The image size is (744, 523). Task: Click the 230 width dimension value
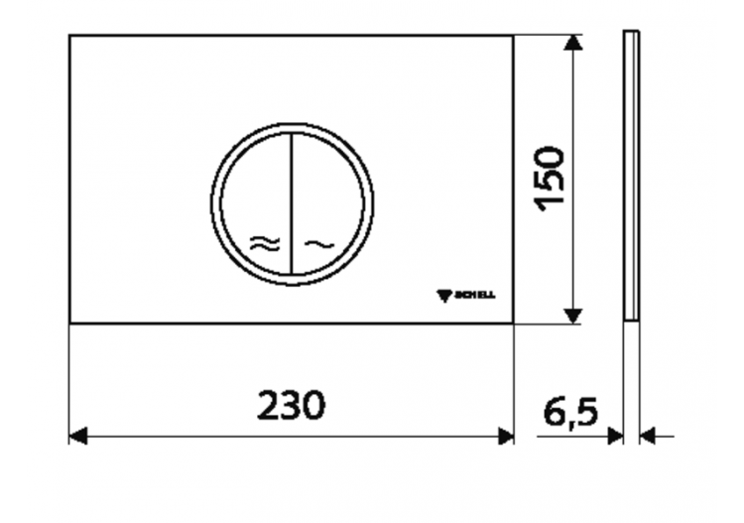[292, 405]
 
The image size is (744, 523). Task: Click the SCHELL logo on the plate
[470, 295]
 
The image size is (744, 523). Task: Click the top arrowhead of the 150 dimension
[571, 43]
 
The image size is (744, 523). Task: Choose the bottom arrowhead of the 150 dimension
[571, 316]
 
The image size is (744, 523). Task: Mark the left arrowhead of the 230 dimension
[77, 436]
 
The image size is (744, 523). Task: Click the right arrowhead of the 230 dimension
[506, 436]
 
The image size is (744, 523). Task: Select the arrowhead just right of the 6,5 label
[615, 436]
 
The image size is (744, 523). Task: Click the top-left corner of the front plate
[69, 36]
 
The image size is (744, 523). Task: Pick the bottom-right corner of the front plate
[513, 323]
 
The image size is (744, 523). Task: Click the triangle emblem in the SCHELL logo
[444, 295]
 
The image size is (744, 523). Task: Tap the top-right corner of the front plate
[513, 36]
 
